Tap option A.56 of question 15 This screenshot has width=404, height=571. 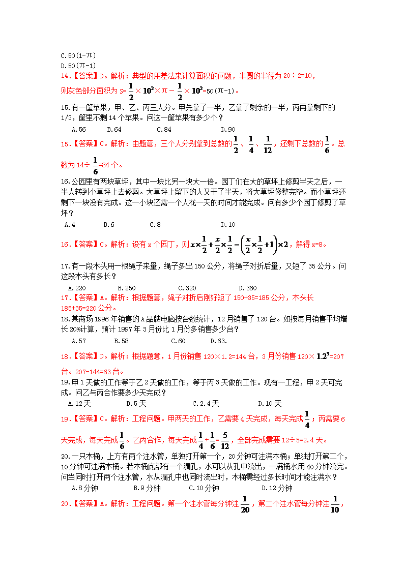pos(79,129)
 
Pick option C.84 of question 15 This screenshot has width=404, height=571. pos(164,129)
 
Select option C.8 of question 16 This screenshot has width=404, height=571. pos(155,224)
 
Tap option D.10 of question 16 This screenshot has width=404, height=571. pos(228,224)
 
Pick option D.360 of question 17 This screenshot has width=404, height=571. pos(247,288)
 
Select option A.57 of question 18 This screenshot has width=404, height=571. pos(79,341)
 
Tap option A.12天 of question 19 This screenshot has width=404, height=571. pos(79,403)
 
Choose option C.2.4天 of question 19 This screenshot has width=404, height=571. pos(206,403)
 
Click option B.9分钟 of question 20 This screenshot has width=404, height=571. pos(147,488)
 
